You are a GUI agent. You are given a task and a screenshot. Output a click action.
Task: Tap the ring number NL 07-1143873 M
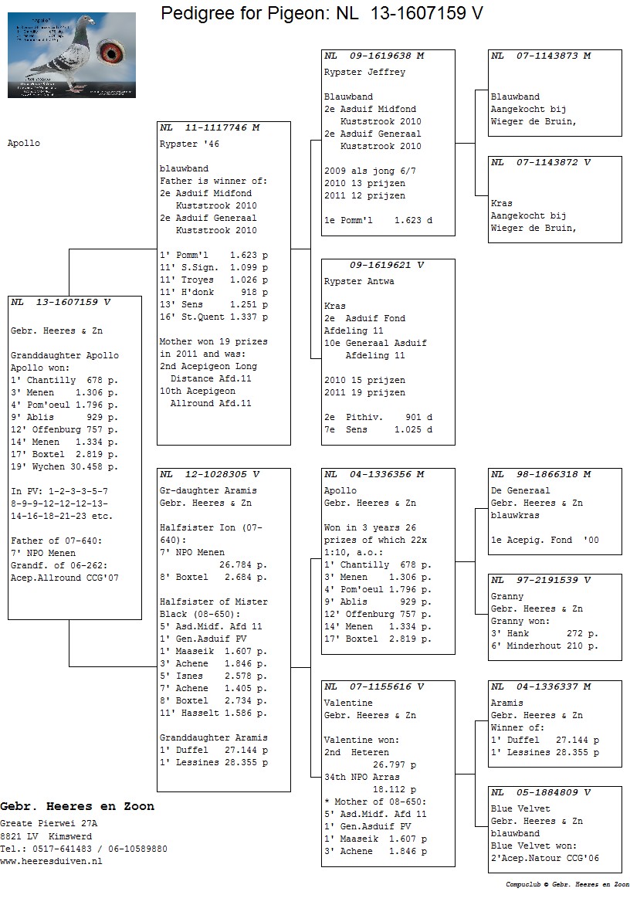540,56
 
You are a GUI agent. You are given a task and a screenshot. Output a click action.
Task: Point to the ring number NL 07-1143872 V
540,162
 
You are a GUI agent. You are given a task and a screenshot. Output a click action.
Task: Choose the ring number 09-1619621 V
387,265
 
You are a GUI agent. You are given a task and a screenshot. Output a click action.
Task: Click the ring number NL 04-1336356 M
374,474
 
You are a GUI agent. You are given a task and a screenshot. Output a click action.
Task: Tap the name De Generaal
520,490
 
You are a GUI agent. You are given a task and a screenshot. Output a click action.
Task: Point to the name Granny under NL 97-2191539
507,596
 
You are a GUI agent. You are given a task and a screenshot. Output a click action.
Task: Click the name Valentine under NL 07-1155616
348,703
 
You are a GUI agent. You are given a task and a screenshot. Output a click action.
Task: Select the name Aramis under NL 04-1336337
507,703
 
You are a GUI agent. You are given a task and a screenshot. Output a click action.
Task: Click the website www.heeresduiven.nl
51,861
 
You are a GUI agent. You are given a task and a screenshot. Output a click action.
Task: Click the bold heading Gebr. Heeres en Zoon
77,806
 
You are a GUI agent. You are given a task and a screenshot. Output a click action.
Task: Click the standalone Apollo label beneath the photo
23,143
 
